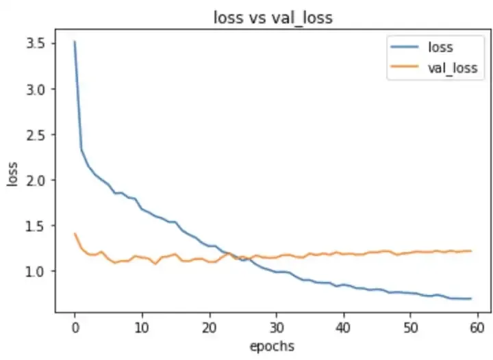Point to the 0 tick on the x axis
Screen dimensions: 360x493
pyautogui.click(x=75, y=326)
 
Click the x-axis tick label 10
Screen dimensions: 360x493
pyautogui.click(x=142, y=326)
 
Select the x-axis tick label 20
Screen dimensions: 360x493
pyautogui.click(x=209, y=326)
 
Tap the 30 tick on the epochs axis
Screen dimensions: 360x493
pyautogui.click(x=276, y=326)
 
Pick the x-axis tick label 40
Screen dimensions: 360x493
pyautogui.click(x=343, y=326)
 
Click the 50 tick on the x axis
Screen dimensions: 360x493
pyautogui.click(x=410, y=326)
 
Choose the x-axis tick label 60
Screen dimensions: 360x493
pyautogui.click(x=477, y=326)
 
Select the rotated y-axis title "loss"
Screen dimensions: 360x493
pyautogui.click(x=12, y=175)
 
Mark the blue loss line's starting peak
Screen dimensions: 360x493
pyautogui.click(x=75, y=42)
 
